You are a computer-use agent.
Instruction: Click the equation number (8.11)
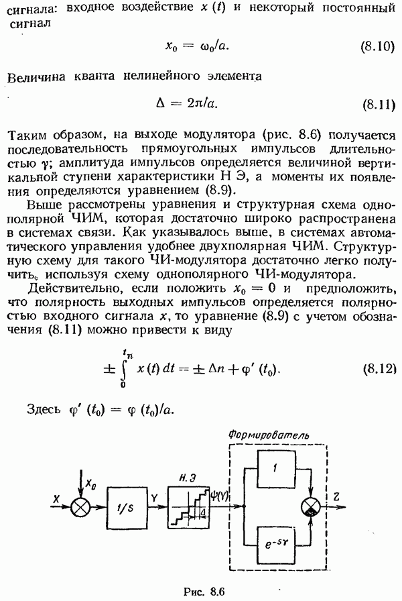click(x=377, y=105)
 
